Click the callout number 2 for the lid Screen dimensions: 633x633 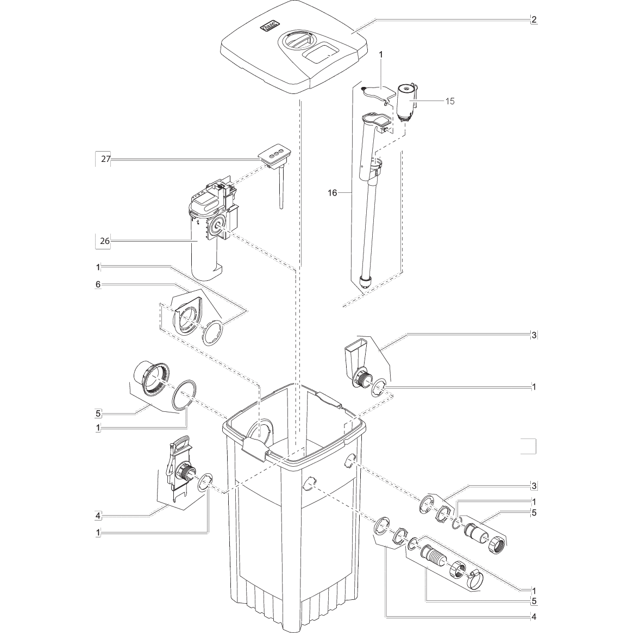534,20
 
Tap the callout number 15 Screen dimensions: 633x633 449,101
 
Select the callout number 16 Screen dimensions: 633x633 333,193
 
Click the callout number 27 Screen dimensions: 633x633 105,159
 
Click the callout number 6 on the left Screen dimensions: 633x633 98,284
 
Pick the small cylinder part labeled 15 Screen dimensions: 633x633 405,100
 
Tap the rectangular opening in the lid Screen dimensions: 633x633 320,53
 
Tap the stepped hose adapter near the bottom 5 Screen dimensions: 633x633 434,555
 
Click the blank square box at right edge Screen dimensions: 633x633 528,445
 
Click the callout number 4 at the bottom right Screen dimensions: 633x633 534,616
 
